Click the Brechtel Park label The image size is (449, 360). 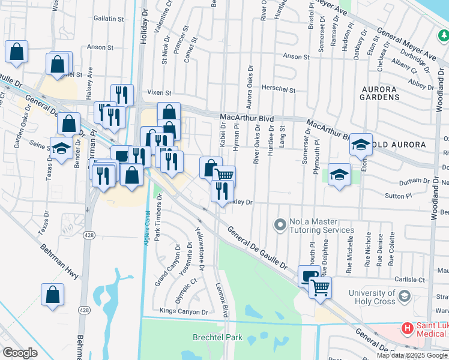click(217, 337)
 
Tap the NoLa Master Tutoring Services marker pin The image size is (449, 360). click(279, 225)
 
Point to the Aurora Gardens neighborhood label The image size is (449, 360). click(379, 92)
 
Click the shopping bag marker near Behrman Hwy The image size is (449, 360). click(52, 295)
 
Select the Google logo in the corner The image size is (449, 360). click(20, 353)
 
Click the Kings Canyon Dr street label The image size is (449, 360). click(184, 311)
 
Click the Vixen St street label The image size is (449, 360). click(160, 93)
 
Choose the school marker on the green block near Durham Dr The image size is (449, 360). click(339, 175)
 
